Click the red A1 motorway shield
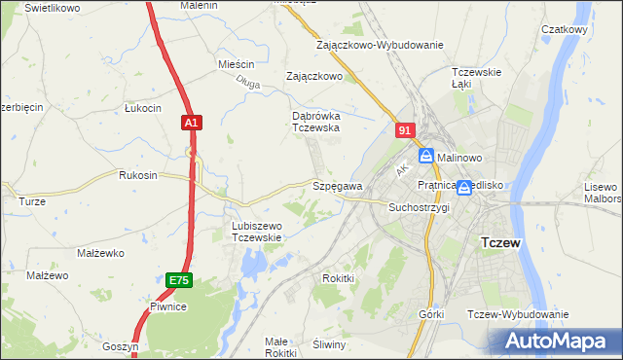(191, 123)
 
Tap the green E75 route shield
(178, 280)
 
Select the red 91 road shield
(406, 128)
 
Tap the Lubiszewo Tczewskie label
(256, 232)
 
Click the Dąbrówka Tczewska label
(315, 121)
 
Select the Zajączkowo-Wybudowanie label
(380, 45)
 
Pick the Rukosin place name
(137, 176)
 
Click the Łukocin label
(142, 108)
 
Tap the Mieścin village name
(236, 64)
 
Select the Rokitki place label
(338, 278)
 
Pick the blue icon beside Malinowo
(426, 156)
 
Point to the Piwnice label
(168, 306)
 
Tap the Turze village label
(32, 201)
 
